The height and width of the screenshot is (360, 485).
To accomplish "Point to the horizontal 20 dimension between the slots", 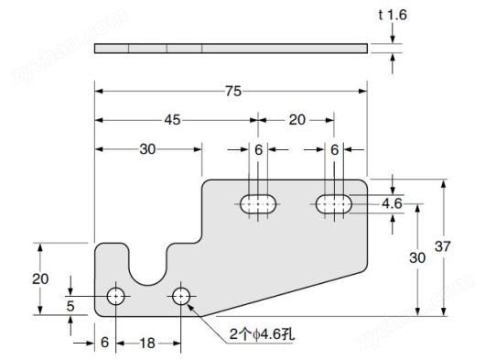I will pyautogui.click(x=297, y=120).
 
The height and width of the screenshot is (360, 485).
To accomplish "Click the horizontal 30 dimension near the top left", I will pyautogui.click(x=146, y=150).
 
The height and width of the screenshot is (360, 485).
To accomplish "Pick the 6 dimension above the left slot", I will pyautogui.click(x=259, y=149).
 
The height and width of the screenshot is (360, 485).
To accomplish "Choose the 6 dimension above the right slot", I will pyautogui.click(x=335, y=149).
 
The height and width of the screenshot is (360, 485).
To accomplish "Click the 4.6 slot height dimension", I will pyautogui.click(x=392, y=203).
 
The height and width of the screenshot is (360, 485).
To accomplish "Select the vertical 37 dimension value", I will pyautogui.click(x=443, y=247).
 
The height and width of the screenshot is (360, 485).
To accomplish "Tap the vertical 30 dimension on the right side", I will pyautogui.click(x=416, y=258).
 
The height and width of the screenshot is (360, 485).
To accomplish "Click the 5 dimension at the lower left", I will pyautogui.click(x=70, y=306).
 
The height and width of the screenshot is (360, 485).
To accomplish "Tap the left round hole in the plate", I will pyautogui.click(x=117, y=296).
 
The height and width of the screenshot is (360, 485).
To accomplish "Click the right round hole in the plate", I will pyautogui.click(x=181, y=296).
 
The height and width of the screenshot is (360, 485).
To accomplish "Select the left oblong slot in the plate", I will pyautogui.click(x=260, y=204).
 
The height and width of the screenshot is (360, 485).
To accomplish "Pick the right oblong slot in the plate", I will pyautogui.click(x=336, y=204).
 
